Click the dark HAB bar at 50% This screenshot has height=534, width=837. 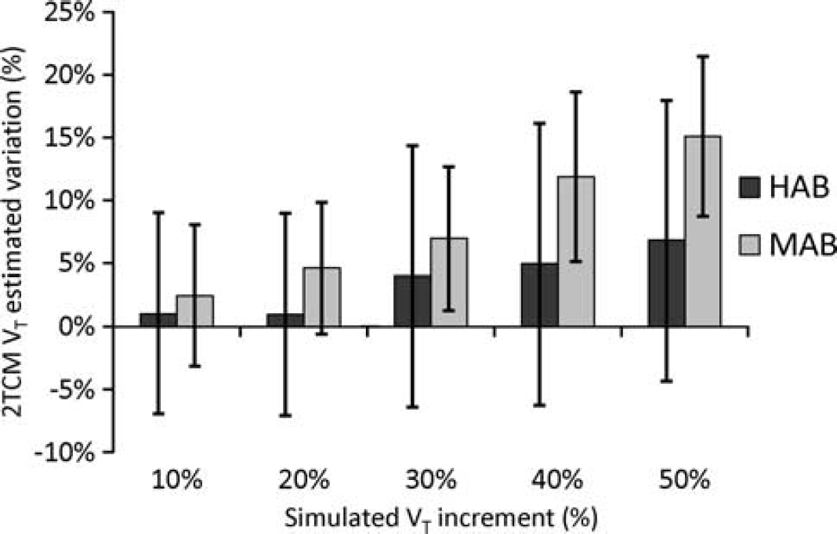point(666,283)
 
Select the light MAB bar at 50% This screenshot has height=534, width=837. point(703,231)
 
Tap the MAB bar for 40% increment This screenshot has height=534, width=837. point(577,251)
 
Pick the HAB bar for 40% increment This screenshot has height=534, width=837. point(540,294)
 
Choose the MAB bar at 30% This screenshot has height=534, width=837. point(449,282)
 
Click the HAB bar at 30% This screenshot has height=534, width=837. point(412,301)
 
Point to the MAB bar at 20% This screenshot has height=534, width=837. point(322,297)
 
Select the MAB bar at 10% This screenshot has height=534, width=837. point(195,311)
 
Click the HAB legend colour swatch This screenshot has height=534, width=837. point(749,188)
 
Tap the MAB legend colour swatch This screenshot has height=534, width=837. point(749,245)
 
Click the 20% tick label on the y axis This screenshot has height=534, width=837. point(71,74)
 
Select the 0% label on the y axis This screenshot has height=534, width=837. point(78,327)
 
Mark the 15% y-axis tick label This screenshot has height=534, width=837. point(71,138)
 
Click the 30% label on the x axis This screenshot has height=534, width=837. point(431,481)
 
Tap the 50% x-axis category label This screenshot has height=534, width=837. point(686,481)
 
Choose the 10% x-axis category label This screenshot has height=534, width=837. point(177,481)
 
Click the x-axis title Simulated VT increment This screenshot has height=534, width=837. point(441,518)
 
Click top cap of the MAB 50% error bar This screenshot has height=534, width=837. point(704,56)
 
